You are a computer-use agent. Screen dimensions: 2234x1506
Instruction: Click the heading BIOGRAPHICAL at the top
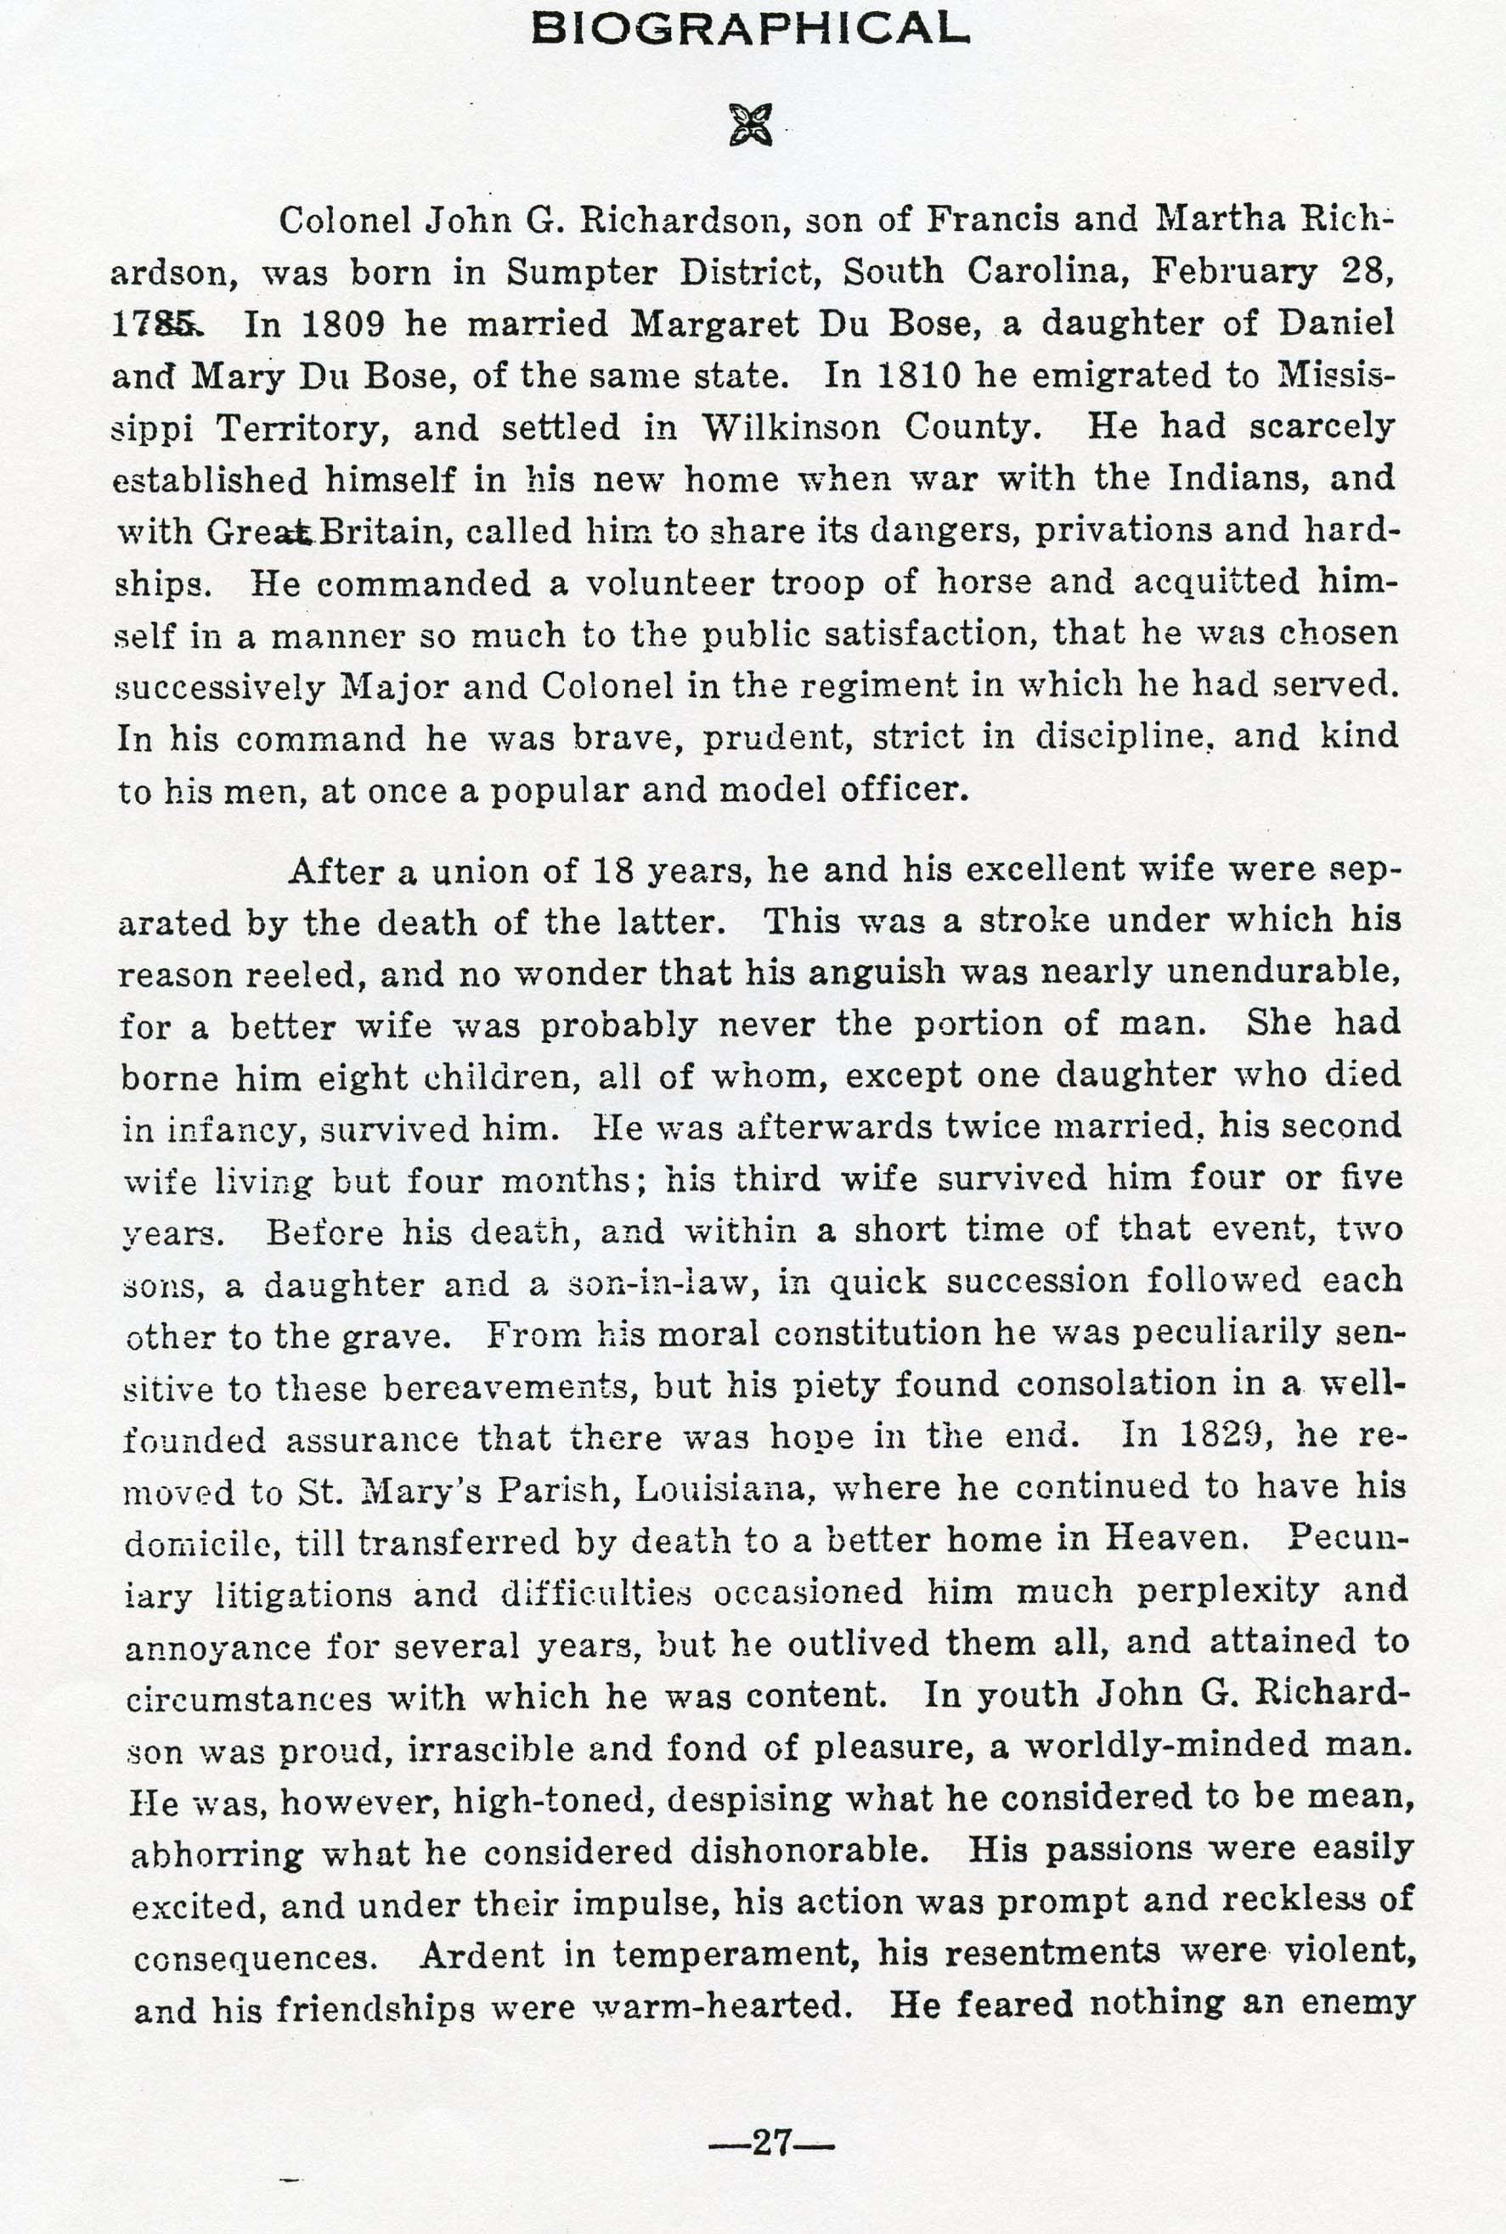[750, 29]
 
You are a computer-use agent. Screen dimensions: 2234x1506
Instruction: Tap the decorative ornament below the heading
[750, 125]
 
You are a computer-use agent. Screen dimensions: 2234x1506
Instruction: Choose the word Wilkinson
[791, 427]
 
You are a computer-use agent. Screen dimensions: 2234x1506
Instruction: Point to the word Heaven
[1176, 1540]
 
